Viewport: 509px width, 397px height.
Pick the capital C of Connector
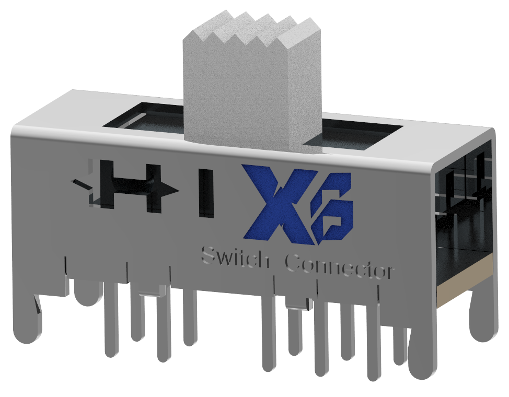pyautogui.click(x=295, y=263)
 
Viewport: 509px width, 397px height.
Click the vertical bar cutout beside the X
pyautogui.click(x=206, y=193)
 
